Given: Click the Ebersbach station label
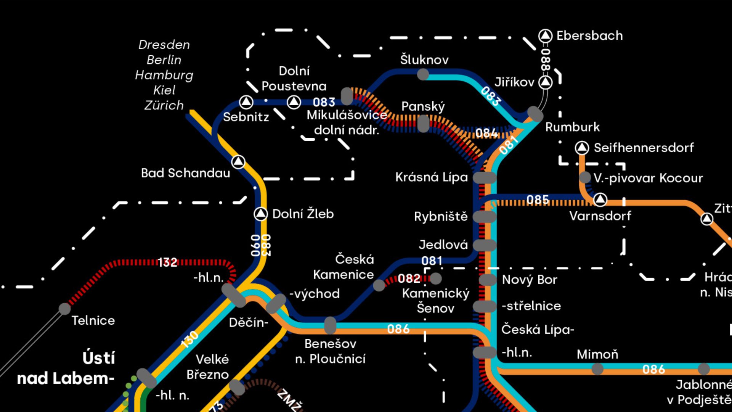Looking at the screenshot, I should coord(589,35).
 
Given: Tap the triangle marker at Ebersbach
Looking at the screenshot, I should coord(545,35).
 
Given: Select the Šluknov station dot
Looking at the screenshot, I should coord(423,74).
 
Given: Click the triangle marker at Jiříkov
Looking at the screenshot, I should coord(545,82).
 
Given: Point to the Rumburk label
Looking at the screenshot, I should coord(572,127).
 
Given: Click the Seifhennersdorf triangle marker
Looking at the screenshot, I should coord(582,148).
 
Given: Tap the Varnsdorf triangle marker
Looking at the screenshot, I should coord(600,199).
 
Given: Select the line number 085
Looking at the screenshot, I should coord(538,200).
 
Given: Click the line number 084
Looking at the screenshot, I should coord(486,133).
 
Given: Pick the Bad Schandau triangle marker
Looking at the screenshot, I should coord(238,162).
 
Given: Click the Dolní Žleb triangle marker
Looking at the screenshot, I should coord(261,214).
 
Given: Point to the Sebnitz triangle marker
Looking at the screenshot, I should coord(246,102).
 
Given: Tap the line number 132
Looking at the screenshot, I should coord(167,262).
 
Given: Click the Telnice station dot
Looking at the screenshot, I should coord(65,309).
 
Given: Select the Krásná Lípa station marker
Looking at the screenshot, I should coord(484,177).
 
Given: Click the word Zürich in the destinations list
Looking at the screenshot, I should coord(164,105).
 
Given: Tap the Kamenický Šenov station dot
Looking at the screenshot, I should coord(436,278).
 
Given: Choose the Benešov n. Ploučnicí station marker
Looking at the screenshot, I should coord(330,325).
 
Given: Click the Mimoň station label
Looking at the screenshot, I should coord(597,354).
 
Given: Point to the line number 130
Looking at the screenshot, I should coord(189,339).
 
